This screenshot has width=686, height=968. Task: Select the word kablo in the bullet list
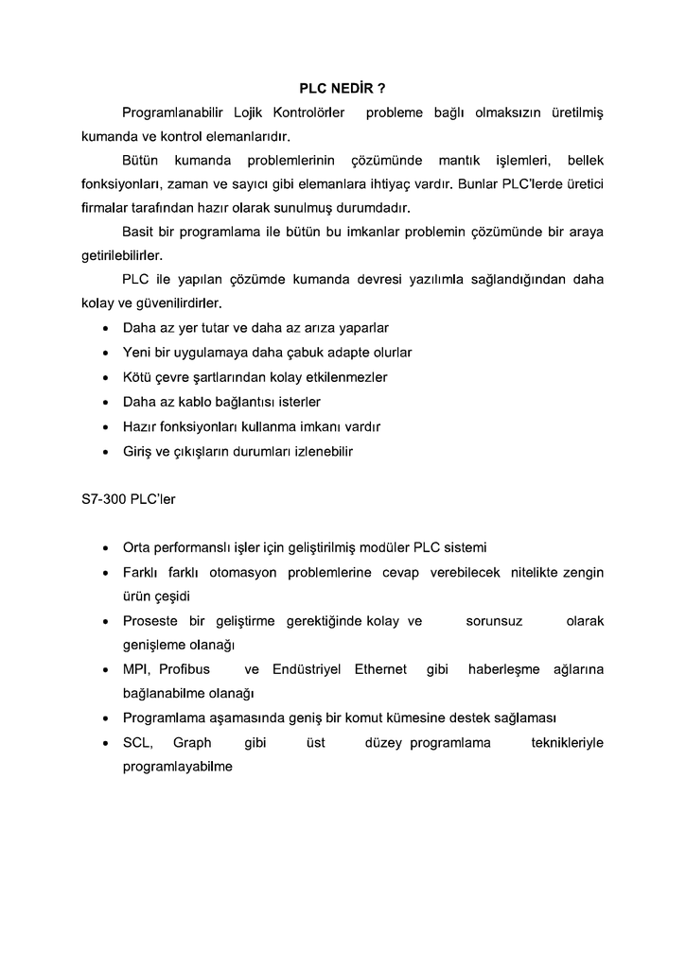[x=198, y=402]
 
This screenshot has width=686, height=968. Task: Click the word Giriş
[x=138, y=452]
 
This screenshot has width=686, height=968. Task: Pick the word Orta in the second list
[x=137, y=547]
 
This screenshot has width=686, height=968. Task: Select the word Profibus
[x=185, y=669]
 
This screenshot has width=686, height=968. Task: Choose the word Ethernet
[x=380, y=669]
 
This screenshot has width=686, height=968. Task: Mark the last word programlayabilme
[x=178, y=768]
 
